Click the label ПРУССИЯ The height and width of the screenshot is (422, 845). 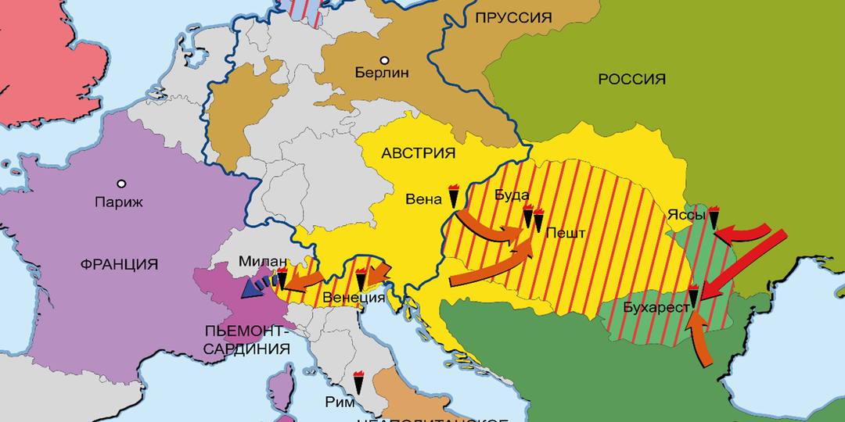(513, 17)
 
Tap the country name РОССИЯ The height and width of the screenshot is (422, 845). (631, 79)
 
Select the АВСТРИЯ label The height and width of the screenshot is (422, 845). (419, 153)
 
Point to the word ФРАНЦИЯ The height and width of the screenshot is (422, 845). (119, 264)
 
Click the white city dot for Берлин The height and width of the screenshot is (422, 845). (384, 59)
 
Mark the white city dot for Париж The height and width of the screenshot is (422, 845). (121, 184)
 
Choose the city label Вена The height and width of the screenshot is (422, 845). (423, 198)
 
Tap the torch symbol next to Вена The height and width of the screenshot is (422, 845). (453, 196)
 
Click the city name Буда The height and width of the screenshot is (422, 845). (512, 195)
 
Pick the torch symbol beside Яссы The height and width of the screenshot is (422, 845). (714, 216)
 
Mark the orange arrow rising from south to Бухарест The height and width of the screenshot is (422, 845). (701, 341)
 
